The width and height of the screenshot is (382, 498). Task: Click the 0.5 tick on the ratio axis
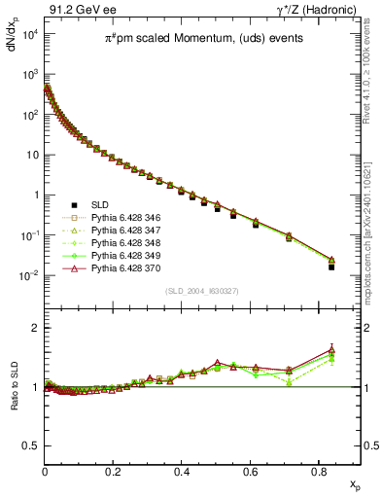(x=31, y=445)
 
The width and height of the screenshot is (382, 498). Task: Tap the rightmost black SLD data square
(x=331, y=267)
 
